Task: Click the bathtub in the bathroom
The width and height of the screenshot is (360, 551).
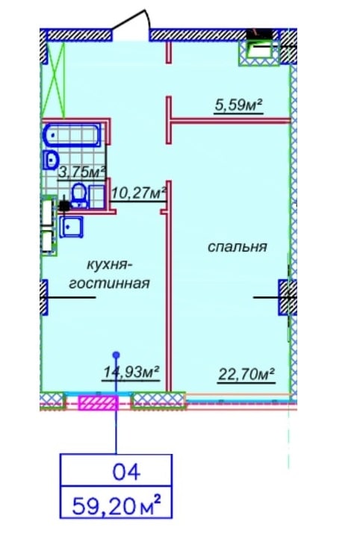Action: [72, 134]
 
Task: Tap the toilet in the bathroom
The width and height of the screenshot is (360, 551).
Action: [78, 195]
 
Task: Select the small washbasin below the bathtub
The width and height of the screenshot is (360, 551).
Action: [52, 160]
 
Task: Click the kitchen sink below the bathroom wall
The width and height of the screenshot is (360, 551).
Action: [72, 227]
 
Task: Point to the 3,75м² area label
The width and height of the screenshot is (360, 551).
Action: [82, 172]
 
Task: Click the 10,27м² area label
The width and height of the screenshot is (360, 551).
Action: [138, 193]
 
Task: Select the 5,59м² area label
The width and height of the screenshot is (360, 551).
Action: [239, 105]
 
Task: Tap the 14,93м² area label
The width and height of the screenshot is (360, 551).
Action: [132, 371]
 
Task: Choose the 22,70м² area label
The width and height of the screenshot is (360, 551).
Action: [246, 374]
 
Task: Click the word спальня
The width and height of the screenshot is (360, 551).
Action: [238, 246]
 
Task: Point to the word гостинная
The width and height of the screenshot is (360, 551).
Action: [109, 283]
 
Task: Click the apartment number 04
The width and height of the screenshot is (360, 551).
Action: [126, 473]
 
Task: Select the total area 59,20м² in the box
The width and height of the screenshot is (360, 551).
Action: [117, 505]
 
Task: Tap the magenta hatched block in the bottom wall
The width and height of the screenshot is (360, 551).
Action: [97, 403]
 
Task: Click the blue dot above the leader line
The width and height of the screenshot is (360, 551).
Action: [117, 355]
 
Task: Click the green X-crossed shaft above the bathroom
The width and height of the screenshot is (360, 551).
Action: [54, 80]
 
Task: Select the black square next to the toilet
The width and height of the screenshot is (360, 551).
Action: [64, 205]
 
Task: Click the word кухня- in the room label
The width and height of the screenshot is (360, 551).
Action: [106, 264]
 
